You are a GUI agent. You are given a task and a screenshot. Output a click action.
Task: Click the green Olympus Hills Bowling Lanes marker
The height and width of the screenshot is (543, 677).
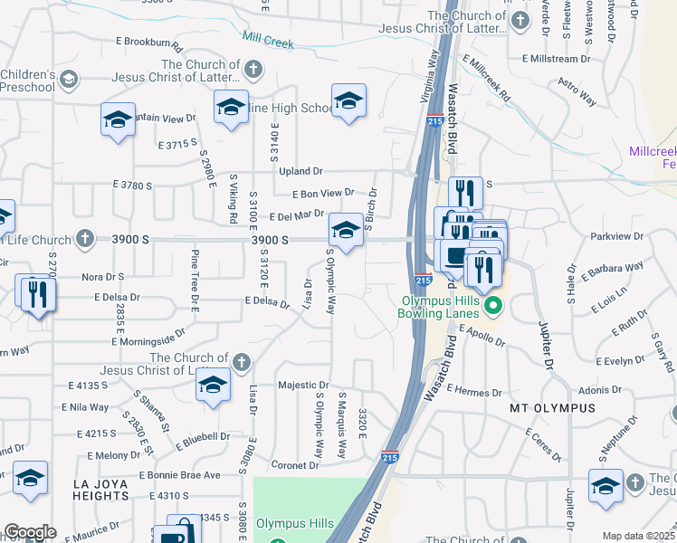493,306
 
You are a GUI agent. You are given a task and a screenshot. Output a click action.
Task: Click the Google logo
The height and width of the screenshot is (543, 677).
30,533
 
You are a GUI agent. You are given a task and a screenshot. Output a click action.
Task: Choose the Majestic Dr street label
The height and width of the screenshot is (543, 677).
303,386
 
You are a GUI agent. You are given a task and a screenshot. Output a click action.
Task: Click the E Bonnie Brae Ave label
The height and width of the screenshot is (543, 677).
179,475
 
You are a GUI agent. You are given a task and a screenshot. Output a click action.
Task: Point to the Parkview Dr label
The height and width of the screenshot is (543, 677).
615,236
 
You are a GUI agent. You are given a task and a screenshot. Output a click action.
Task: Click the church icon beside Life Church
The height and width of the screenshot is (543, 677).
84,240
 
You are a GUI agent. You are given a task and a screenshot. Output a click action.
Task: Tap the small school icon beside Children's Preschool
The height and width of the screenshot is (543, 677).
68,80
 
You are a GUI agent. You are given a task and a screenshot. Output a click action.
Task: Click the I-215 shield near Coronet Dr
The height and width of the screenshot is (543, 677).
390,458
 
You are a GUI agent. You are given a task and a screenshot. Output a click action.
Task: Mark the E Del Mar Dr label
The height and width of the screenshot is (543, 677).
295,214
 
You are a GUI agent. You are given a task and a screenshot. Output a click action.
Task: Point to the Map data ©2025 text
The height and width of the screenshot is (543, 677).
638,536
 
